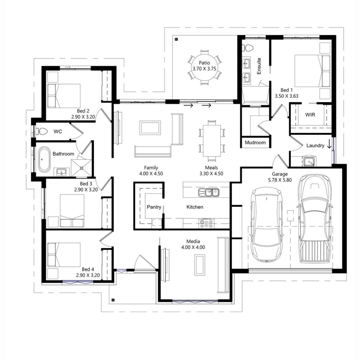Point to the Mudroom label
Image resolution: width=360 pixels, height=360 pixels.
click(255, 143)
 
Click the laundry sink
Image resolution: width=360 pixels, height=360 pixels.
click(309, 161)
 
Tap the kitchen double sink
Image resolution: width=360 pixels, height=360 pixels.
click(208, 192)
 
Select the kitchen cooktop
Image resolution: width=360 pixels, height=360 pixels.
click(207, 223)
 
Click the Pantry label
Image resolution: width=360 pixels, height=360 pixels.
click(154, 207)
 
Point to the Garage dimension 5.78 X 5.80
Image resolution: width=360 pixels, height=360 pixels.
click(279, 180)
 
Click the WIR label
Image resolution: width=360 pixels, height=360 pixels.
click(310, 115)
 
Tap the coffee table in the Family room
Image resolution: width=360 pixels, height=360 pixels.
click(150, 127)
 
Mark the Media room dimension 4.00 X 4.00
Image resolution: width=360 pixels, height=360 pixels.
click(193, 247)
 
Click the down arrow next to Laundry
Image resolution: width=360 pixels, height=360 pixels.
click(329, 144)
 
